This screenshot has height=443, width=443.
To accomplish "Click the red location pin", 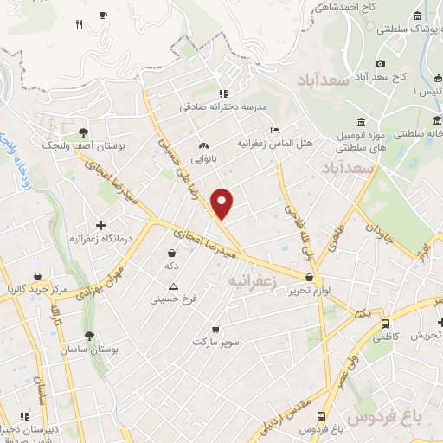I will coord(223,204).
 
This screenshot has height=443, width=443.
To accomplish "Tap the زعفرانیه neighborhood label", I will coord(250,281).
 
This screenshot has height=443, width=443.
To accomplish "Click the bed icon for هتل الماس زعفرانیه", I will coord(274,130).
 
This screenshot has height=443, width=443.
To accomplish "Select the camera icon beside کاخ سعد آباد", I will coord(380,63).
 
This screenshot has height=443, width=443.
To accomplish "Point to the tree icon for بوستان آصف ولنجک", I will coord(83,132).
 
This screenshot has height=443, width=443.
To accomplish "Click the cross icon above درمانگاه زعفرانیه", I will coord(100,225).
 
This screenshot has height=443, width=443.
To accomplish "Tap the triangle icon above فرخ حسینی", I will coord(174,286).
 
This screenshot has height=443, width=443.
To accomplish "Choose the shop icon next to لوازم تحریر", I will coord(310,278).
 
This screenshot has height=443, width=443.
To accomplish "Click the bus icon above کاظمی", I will coord(384,324).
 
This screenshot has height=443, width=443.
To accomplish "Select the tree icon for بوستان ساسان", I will coord(89,336).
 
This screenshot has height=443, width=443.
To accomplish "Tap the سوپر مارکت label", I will coord(215,343).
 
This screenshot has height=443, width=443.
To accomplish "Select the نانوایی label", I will coord(204,159).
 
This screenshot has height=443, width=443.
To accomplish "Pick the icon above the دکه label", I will coord(171,254).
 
